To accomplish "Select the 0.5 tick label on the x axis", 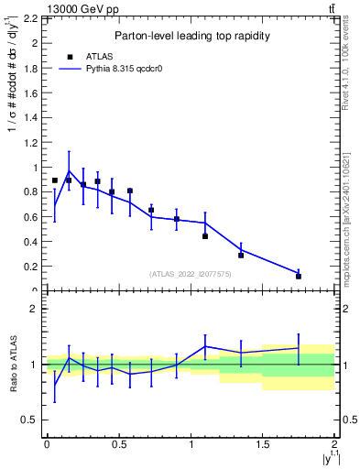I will [x=118, y=444].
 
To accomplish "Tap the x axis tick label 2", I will [x=335, y=444].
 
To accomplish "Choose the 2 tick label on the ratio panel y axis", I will [x=34, y=309].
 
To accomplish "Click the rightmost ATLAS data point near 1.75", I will [x=299, y=276].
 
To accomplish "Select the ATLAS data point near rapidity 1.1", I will [x=205, y=236].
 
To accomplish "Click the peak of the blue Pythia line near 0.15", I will [x=69, y=170].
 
